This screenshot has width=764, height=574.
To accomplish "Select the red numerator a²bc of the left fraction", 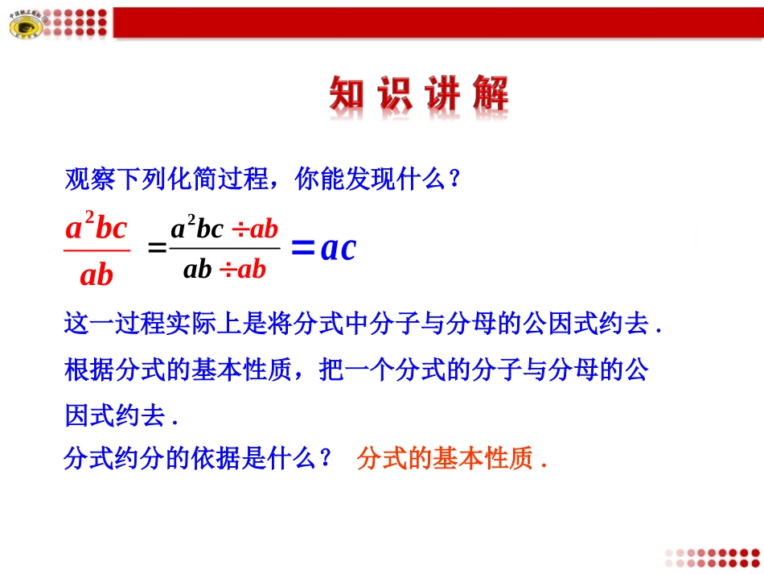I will click(97, 228).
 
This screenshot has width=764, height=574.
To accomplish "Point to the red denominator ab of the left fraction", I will click(97, 275).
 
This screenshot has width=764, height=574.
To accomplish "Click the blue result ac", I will click(337, 249).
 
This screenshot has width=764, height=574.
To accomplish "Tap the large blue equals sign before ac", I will click(302, 249).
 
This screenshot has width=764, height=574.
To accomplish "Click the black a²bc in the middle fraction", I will click(196, 229).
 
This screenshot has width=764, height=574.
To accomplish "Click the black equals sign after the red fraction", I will click(158, 249).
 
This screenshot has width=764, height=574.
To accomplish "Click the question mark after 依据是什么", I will click(325, 459).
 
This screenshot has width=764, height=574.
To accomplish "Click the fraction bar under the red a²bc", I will click(97, 250).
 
